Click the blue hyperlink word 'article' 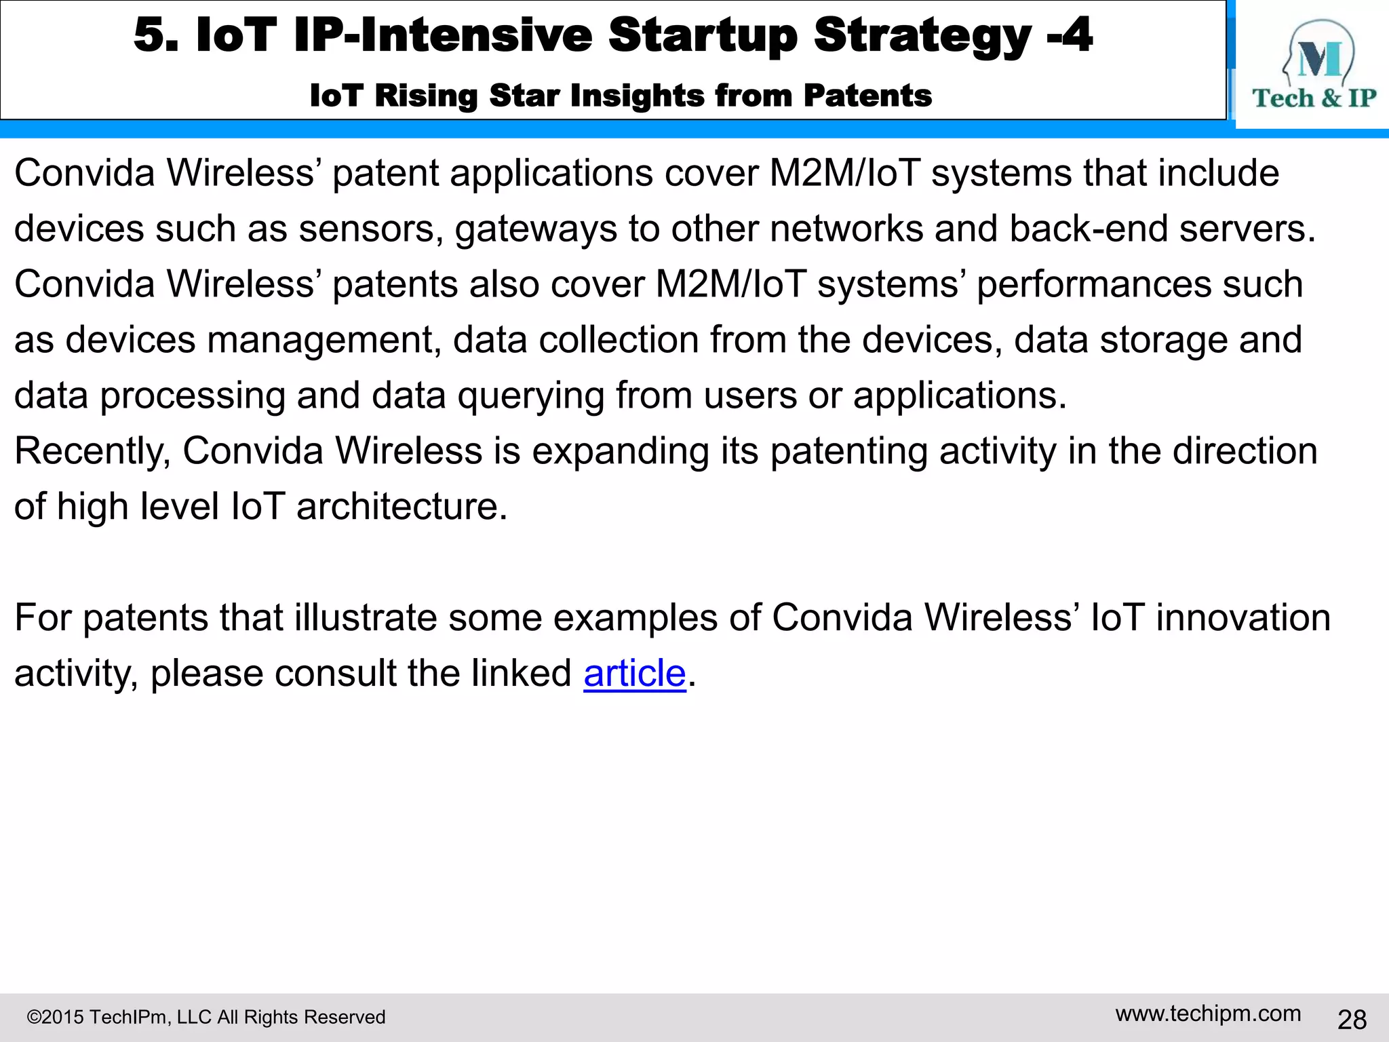pyautogui.click(x=635, y=674)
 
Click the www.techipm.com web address pyautogui.click(x=1208, y=1014)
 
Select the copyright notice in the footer pyautogui.click(x=206, y=1017)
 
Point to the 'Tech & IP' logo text pyautogui.click(x=1314, y=98)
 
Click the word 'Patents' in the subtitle pyautogui.click(x=867, y=96)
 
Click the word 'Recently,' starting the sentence pyautogui.click(x=92, y=451)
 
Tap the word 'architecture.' pyautogui.click(x=402, y=507)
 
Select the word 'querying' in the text pyautogui.click(x=530, y=397)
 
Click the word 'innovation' pyautogui.click(x=1243, y=618)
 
